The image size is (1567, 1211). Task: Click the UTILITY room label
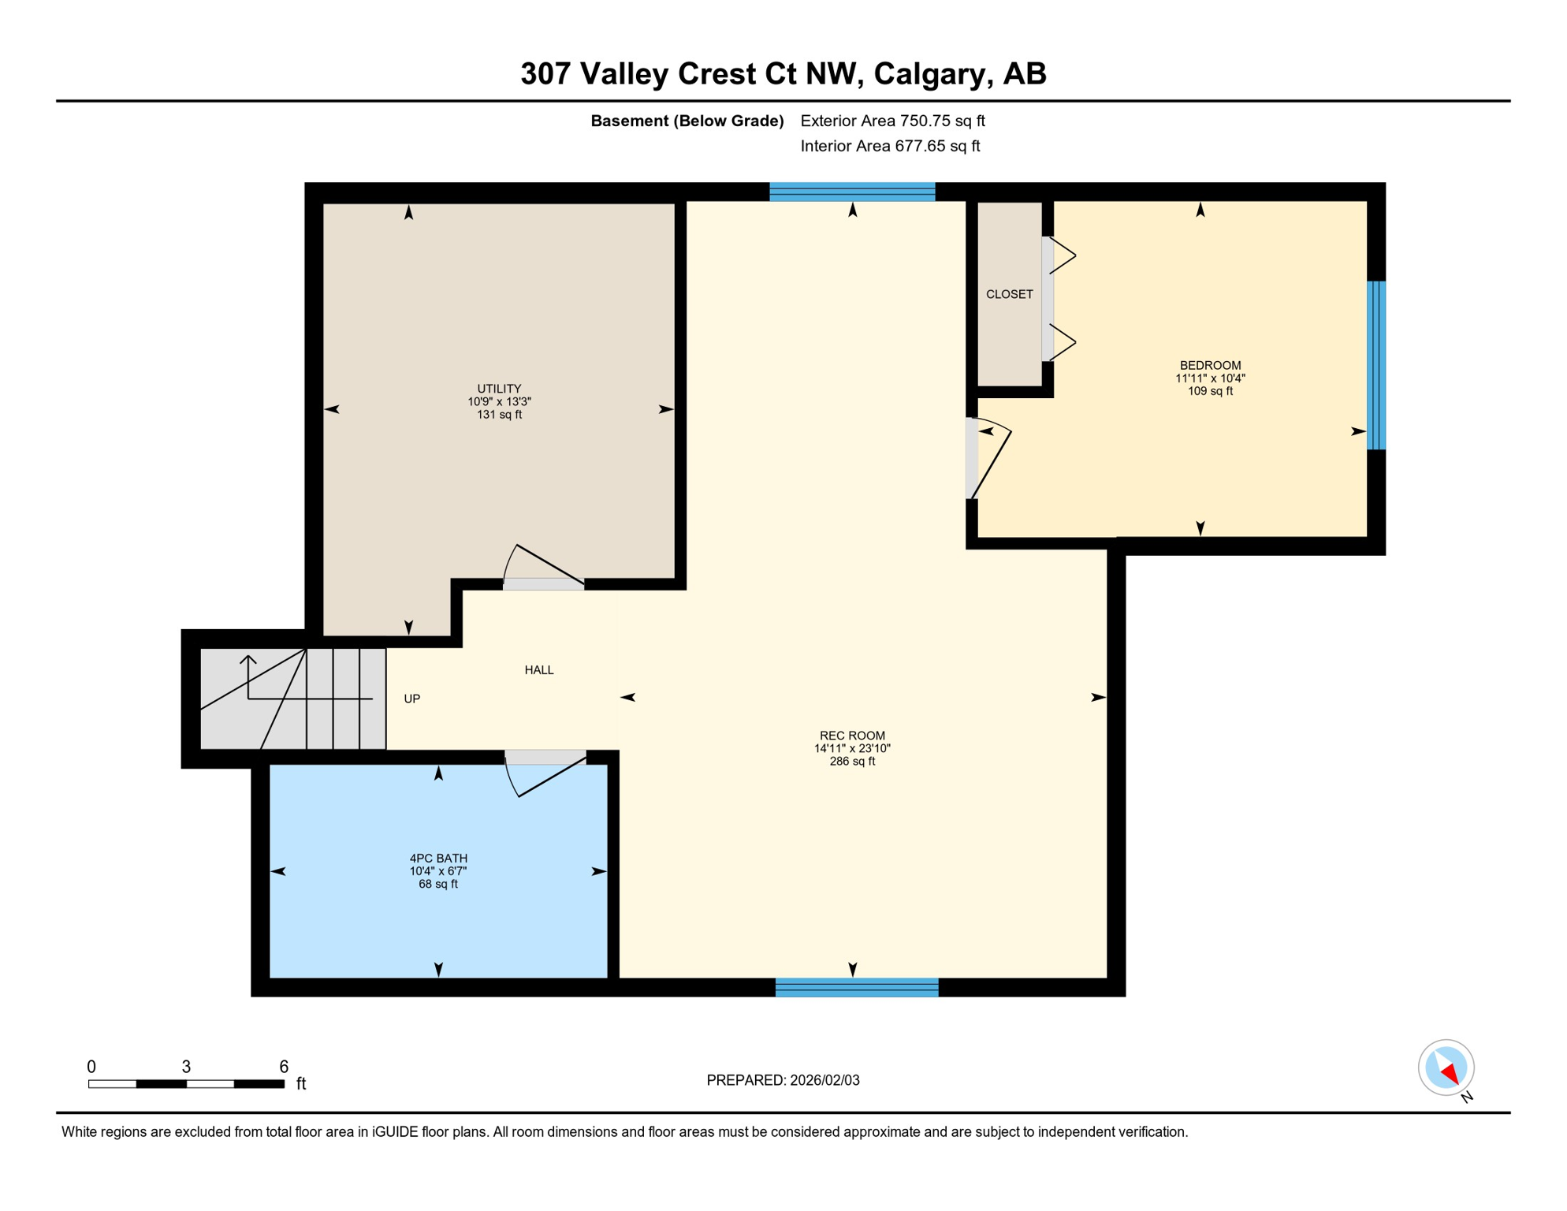(499, 389)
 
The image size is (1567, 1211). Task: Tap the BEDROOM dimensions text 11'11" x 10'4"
(1210, 378)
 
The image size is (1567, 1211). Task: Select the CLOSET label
(1009, 294)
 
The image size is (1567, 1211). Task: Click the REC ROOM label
(852, 736)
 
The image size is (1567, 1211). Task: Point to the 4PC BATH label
(438, 859)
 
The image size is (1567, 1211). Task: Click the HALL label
(539, 670)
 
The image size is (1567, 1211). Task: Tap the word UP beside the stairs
(411, 699)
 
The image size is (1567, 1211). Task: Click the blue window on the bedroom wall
(1375, 365)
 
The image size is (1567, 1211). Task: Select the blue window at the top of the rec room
(852, 192)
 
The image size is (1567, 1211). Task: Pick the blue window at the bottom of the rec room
(857, 987)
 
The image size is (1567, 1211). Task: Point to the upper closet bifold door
(1061, 255)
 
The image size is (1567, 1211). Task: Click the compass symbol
(1446, 1068)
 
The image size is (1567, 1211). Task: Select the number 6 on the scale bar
(284, 1067)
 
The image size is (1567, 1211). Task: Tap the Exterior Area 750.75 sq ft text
(892, 121)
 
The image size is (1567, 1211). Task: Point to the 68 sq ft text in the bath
(438, 885)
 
